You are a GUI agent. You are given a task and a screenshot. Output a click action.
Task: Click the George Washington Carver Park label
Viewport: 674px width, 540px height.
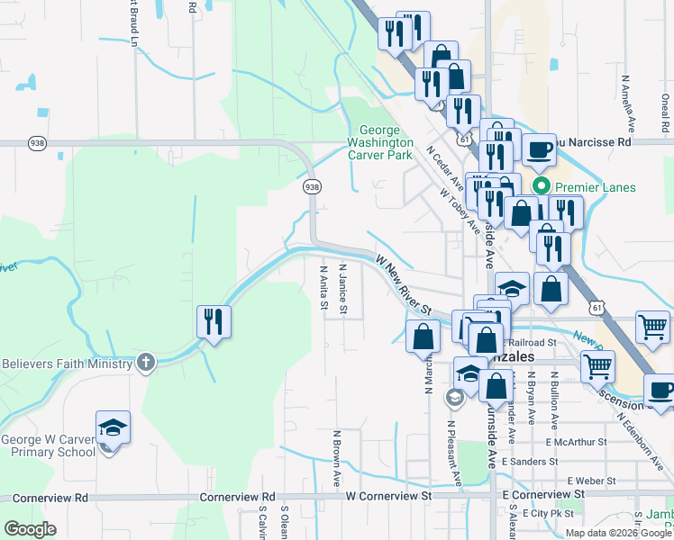(380, 142)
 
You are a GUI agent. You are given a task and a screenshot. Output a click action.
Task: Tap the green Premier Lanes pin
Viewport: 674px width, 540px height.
(541, 187)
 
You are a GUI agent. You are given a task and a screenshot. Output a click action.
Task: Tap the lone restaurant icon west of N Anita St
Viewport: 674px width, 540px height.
(214, 321)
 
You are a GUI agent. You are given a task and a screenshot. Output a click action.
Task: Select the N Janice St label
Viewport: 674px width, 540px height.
(342, 289)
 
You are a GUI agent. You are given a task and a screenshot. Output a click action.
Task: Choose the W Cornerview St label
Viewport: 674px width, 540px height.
(389, 496)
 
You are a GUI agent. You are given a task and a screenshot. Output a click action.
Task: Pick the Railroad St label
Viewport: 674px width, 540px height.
(532, 342)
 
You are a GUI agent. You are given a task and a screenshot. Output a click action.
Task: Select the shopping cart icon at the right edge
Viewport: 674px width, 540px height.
(652, 329)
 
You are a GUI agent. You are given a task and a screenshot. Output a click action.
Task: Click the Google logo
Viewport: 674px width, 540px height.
(30, 529)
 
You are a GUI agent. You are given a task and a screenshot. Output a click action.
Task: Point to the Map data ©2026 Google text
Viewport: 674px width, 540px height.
(618, 533)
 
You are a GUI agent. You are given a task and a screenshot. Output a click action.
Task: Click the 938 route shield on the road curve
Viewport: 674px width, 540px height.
(311, 186)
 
